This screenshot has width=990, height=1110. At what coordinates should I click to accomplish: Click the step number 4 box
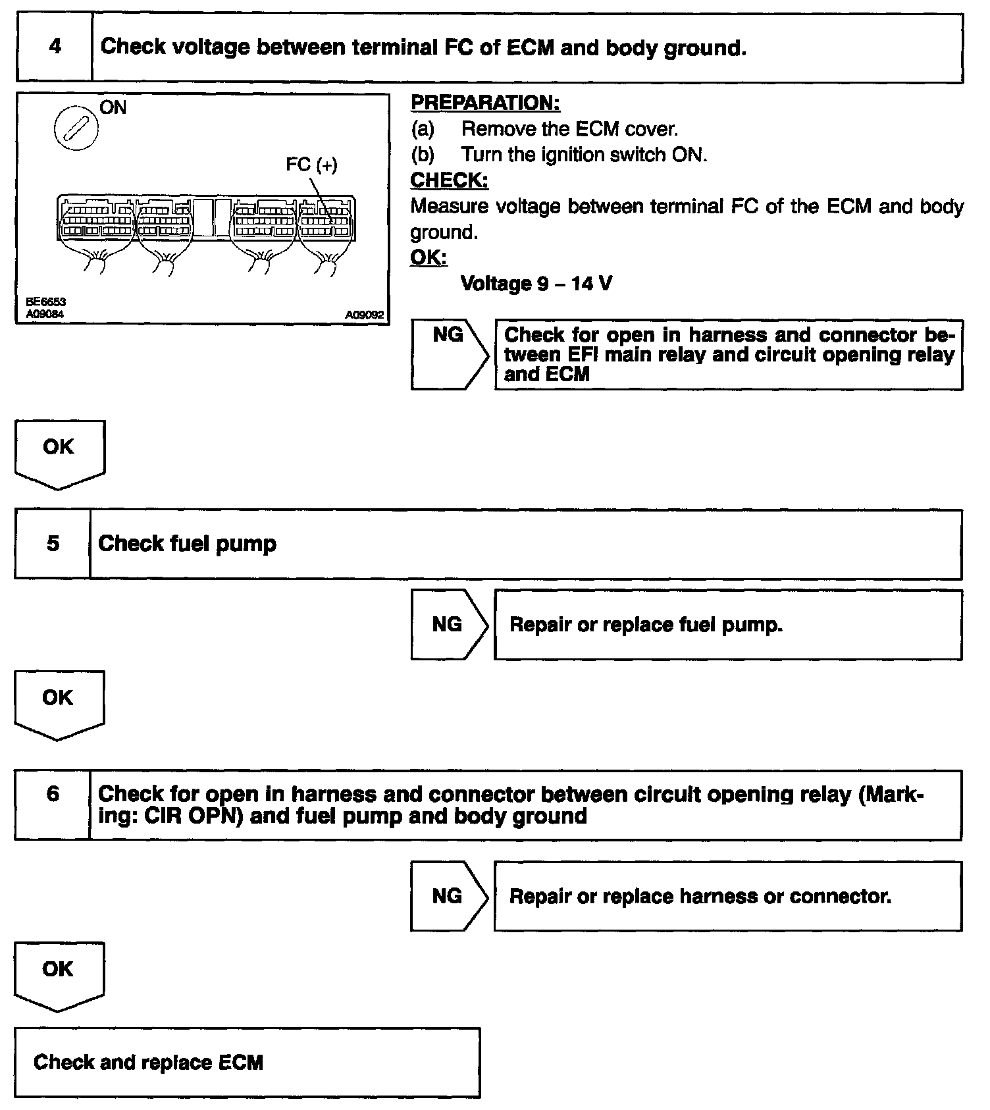click(x=55, y=47)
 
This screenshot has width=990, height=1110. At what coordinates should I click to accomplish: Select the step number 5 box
click(x=53, y=544)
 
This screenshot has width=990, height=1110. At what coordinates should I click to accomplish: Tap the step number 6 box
click(x=53, y=804)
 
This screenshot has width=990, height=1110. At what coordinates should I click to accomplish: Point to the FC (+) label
click(x=311, y=165)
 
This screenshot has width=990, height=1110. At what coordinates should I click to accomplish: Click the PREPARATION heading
click(x=485, y=103)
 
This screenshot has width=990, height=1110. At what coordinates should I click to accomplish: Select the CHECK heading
click(x=449, y=180)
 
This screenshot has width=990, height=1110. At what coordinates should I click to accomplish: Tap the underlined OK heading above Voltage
click(x=429, y=257)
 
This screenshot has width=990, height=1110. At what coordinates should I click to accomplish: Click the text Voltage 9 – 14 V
click(x=536, y=284)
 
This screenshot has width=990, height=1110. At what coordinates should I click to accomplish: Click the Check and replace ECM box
click(x=247, y=1062)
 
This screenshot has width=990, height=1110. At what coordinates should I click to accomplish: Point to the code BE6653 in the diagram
click(x=45, y=302)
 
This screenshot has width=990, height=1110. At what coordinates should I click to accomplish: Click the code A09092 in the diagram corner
click(x=364, y=315)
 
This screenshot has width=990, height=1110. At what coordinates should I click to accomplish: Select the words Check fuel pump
click(x=188, y=544)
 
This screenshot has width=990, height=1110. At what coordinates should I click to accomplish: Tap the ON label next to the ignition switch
click(x=113, y=107)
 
